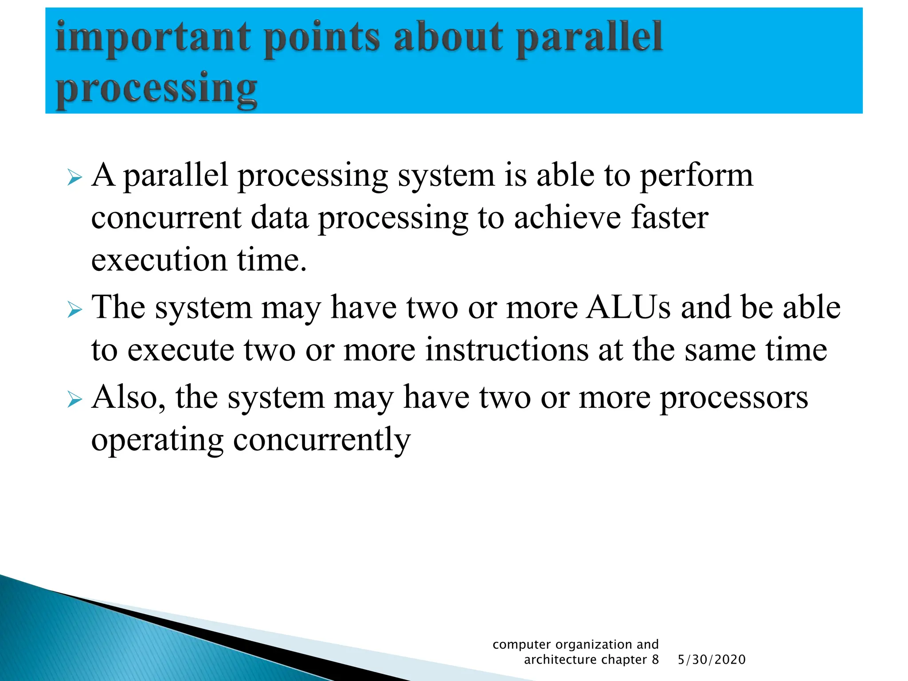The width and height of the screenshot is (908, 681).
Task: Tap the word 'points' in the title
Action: [322, 38]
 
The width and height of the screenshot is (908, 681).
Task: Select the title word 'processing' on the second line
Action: [156, 89]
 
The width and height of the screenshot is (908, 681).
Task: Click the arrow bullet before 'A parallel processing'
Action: [74, 178]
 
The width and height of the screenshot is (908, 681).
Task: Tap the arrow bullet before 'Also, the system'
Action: [74, 399]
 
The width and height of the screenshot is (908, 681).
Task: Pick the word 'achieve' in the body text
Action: [567, 217]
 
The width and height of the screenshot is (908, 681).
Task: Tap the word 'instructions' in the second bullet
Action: [507, 349]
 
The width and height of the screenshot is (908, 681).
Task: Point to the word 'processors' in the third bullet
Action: [734, 397]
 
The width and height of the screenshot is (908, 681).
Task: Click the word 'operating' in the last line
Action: [157, 440]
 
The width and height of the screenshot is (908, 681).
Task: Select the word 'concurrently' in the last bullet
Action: [322, 440]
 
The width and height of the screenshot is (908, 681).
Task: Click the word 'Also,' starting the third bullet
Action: [128, 397]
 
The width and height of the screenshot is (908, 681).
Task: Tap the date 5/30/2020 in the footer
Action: [712, 660]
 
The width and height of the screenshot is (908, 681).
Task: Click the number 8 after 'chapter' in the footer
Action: [655, 660]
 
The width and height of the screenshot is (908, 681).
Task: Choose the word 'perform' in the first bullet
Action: [697, 176]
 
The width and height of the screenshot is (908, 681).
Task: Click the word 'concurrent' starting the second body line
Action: [166, 217]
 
